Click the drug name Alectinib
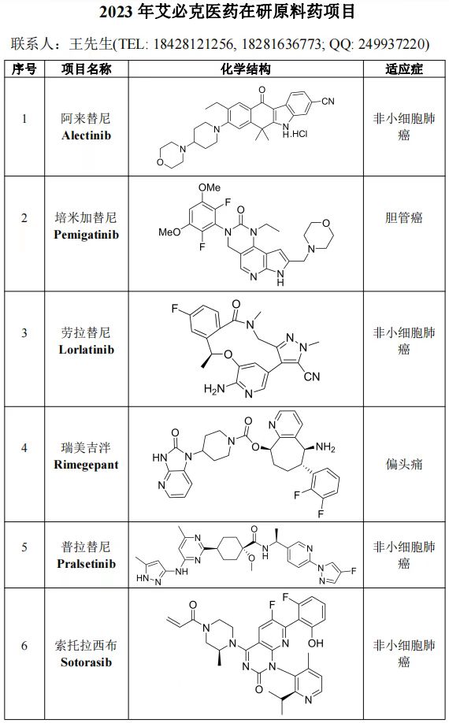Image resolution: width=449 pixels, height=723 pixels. click(86, 136)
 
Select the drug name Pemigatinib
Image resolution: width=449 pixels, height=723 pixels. click(86, 235)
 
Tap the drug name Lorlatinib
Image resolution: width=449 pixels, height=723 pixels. click(86, 350)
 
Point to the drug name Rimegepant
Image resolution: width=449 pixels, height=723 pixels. click(86, 465)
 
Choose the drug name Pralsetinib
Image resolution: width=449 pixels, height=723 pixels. click(86, 563)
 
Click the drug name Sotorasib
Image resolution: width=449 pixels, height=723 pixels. click(86, 662)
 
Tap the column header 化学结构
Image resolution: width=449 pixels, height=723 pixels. click(245, 69)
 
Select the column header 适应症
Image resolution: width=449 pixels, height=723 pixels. click(404, 69)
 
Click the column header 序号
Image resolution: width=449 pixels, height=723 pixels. click(24, 69)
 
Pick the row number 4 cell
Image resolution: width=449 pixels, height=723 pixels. click(24, 447)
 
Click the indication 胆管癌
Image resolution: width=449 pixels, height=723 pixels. click(404, 217)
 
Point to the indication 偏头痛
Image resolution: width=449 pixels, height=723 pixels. click(404, 465)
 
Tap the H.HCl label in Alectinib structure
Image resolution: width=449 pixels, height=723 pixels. click(295, 134)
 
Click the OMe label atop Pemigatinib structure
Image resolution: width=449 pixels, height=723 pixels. click(210, 187)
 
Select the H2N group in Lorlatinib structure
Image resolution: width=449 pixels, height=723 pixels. click(214, 389)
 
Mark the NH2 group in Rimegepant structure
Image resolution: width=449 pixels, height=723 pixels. click(325, 447)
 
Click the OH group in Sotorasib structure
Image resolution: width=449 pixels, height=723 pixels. click(316, 643)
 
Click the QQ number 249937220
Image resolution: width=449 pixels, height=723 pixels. click(391, 44)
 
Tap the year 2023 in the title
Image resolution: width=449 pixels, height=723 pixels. click(116, 13)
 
